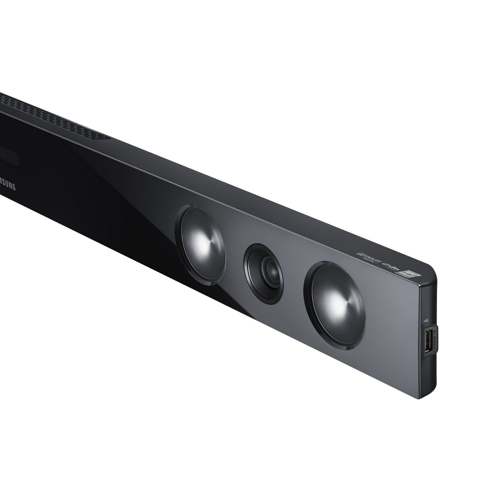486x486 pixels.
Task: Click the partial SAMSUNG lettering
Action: pyautogui.click(x=8, y=186)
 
